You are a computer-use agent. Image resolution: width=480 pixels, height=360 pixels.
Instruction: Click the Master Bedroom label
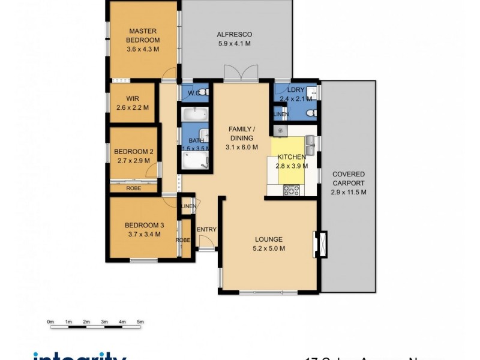[142, 36]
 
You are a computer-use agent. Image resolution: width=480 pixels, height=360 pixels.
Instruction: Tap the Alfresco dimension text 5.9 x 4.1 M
[233, 44]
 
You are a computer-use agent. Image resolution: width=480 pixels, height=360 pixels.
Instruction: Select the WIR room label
[133, 99]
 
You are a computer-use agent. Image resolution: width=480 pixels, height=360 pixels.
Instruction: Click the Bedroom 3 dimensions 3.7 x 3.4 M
[142, 234]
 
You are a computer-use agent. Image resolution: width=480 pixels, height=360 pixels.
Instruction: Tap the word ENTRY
[206, 229]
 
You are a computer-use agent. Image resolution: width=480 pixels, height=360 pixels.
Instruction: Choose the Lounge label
[268, 239]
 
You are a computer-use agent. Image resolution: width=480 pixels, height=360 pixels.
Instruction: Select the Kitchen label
[291, 157]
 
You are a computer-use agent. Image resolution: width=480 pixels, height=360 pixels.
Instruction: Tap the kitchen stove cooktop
[291, 190]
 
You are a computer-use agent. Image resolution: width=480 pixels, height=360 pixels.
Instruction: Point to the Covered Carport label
[348, 179]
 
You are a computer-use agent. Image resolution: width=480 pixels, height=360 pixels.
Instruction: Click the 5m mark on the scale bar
[140, 322]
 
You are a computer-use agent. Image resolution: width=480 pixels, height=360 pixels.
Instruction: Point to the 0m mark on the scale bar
[50, 322]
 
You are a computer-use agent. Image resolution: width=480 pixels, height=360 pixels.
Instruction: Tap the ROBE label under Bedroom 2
[133, 188]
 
